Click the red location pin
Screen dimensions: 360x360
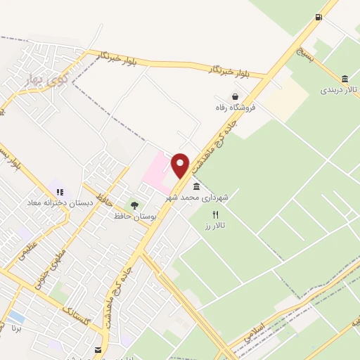[181, 165]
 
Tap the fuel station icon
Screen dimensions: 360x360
[319, 17]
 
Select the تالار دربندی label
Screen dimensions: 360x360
[340, 90]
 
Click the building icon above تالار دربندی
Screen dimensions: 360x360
[345, 79]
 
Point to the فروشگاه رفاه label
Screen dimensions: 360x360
[236, 108]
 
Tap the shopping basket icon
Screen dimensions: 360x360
[235, 97]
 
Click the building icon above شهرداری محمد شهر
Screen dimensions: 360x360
[196, 187]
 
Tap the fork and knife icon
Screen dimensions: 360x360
[216, 214]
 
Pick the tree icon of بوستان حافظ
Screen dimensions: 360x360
[134, 205]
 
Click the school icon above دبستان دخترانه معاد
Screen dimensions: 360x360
[60, 191]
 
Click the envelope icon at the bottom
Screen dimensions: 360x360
[97, 349]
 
